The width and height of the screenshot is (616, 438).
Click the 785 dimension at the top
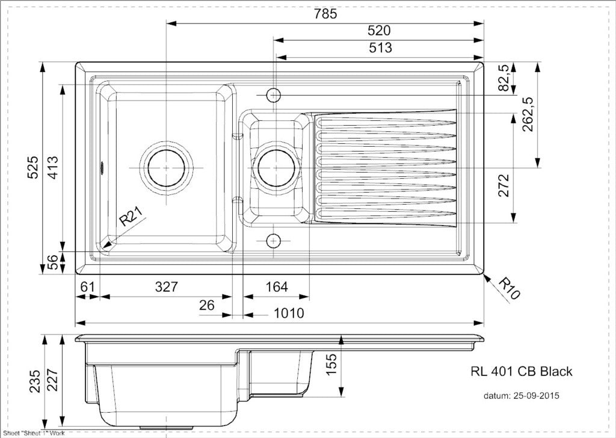tap(325, 14)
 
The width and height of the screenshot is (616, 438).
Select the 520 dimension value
tap(379, 31)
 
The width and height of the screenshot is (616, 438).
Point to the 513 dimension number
tap(380, 48)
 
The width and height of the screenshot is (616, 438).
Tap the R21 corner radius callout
tap(132, 217)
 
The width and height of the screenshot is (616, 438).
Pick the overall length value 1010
tap(289, 313)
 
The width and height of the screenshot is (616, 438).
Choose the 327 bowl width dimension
tap(167, 287)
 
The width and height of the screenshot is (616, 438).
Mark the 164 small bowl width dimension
tap(277, 287)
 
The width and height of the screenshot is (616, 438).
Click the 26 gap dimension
tap(207, 305)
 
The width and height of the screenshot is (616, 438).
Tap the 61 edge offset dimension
tap(87, 287)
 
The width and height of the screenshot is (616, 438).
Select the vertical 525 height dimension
tap(33, 168)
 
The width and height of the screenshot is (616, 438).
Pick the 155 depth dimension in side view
tap(331, 365)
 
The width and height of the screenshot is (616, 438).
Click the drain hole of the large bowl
tap(166, 168)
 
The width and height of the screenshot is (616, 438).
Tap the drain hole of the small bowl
tap(276, 168)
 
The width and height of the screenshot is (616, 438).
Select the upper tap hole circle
tap(274, 94)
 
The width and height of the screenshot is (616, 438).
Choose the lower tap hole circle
tap(274, 241)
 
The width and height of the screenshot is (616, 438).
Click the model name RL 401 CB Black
tap(522, 372)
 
